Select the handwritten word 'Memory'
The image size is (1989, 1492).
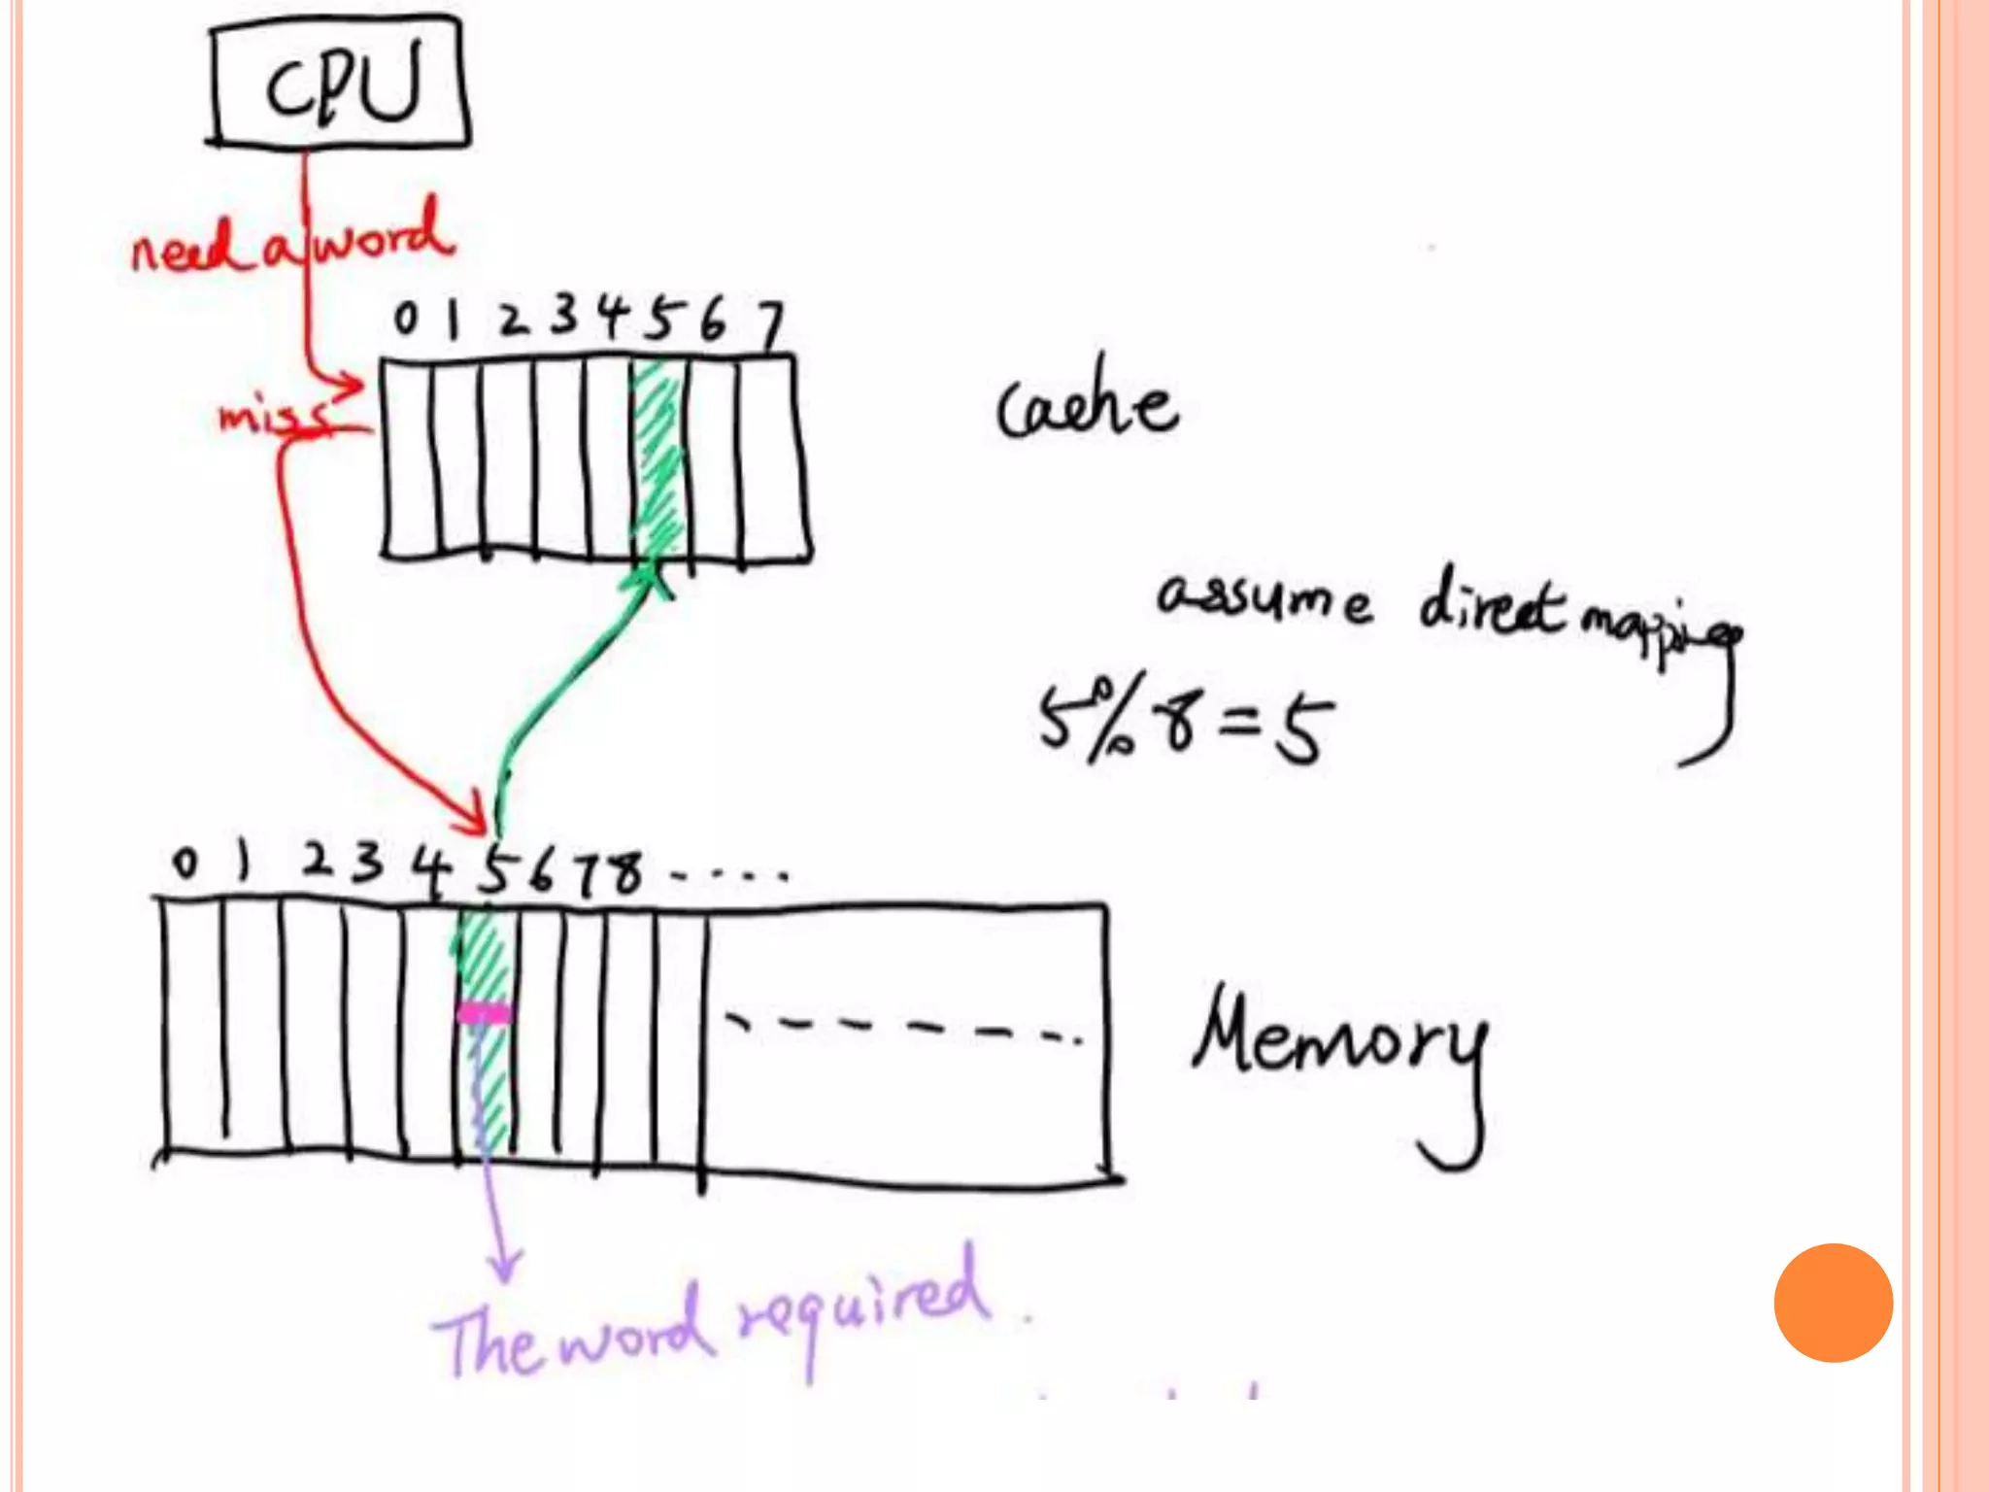point(1340,1049)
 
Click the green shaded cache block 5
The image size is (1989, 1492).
point(657,457)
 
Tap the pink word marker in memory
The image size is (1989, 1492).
point(483,1014)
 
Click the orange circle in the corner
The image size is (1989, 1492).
point(1833,1303)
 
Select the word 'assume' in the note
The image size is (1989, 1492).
point(1263,599)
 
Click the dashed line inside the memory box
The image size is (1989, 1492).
point(903,1028)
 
